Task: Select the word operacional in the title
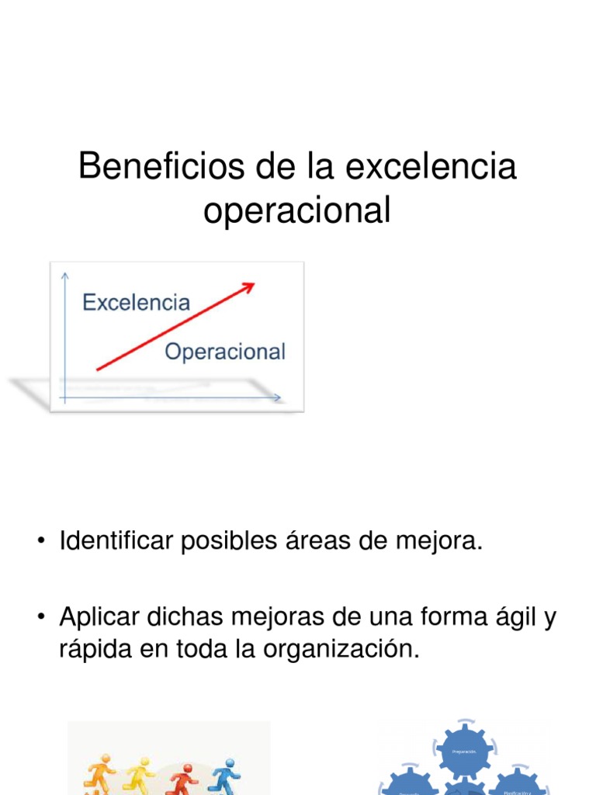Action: tap(297, 210)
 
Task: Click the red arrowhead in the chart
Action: tap(248, 288)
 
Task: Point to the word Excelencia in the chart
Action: tap(136, 302)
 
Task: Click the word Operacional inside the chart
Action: tap(225, 352)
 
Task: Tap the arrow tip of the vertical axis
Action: tap(66, 274)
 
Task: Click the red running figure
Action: tap(182, 778)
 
